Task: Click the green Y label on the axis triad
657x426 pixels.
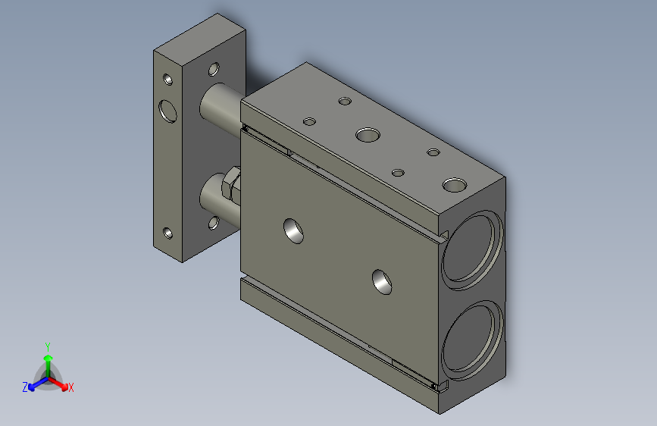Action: click(x=48, y=346)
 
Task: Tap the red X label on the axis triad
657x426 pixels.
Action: click(x=70, y=387)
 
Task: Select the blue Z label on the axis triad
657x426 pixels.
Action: click(x=25, y=387)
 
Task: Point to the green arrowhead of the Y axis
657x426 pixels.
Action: click(x=48, y=358)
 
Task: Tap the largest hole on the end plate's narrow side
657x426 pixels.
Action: click(x=167, y=111)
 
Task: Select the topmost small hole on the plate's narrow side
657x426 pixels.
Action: click(x=167, y=80)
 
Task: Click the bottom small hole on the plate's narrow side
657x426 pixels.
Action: click(x=167, y=233)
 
